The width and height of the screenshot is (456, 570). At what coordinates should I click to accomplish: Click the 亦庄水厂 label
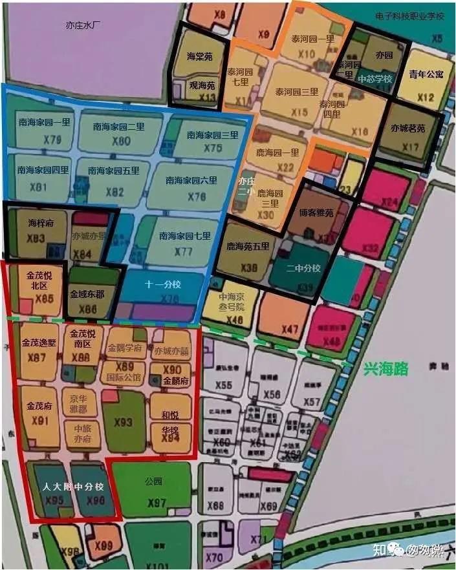85,26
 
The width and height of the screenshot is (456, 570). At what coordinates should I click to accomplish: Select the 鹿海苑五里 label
247,247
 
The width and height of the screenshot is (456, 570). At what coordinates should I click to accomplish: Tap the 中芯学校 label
375,79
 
